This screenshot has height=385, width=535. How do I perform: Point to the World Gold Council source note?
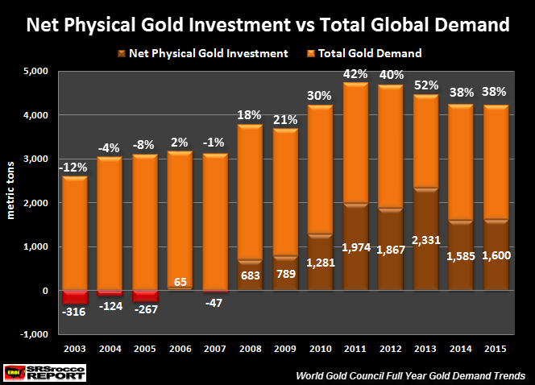411,375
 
